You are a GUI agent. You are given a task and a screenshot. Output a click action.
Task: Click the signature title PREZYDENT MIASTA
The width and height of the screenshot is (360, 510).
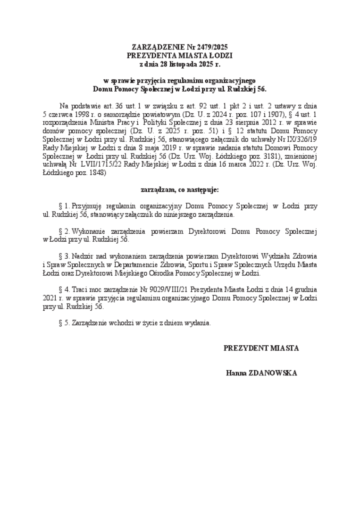point(261,348)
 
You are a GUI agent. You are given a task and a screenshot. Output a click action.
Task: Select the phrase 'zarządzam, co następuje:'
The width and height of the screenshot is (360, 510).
point(180,190)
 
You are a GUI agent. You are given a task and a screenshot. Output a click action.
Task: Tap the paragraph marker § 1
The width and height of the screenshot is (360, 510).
point(63,206)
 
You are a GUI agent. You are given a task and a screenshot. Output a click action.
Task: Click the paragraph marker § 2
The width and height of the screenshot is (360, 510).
point(63,231)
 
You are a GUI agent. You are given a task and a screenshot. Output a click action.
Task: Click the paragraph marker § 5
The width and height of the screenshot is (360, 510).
point(63,323)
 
